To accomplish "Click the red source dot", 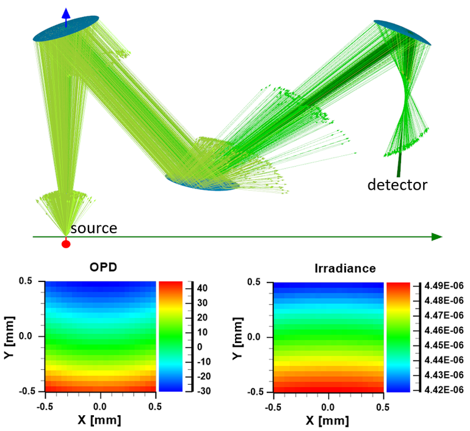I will (x=66, y=244).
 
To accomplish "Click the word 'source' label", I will (x=93, y=229).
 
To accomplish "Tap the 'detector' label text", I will (x=397, y=184).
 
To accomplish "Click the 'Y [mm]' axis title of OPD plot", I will (x=9, y=336).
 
